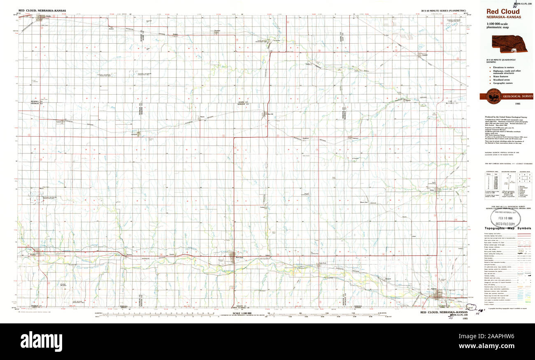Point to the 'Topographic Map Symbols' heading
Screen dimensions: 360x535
coord(507,228)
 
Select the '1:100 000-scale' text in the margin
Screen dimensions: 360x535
coord(498,25)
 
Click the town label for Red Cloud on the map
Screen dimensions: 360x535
coord(239,258)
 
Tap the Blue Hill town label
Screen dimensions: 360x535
coord(270,114)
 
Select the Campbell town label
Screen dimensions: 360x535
coord(134,135)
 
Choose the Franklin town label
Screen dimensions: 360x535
coord(32,254)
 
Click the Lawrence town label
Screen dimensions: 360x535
coord(355,138)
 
